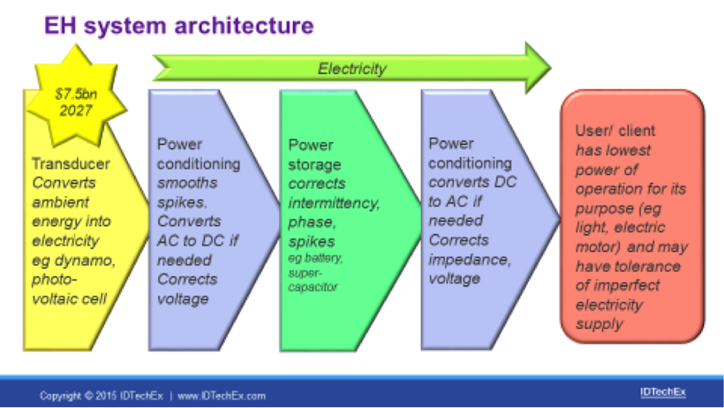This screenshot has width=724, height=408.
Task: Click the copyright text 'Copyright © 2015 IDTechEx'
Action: click(101, 396)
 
